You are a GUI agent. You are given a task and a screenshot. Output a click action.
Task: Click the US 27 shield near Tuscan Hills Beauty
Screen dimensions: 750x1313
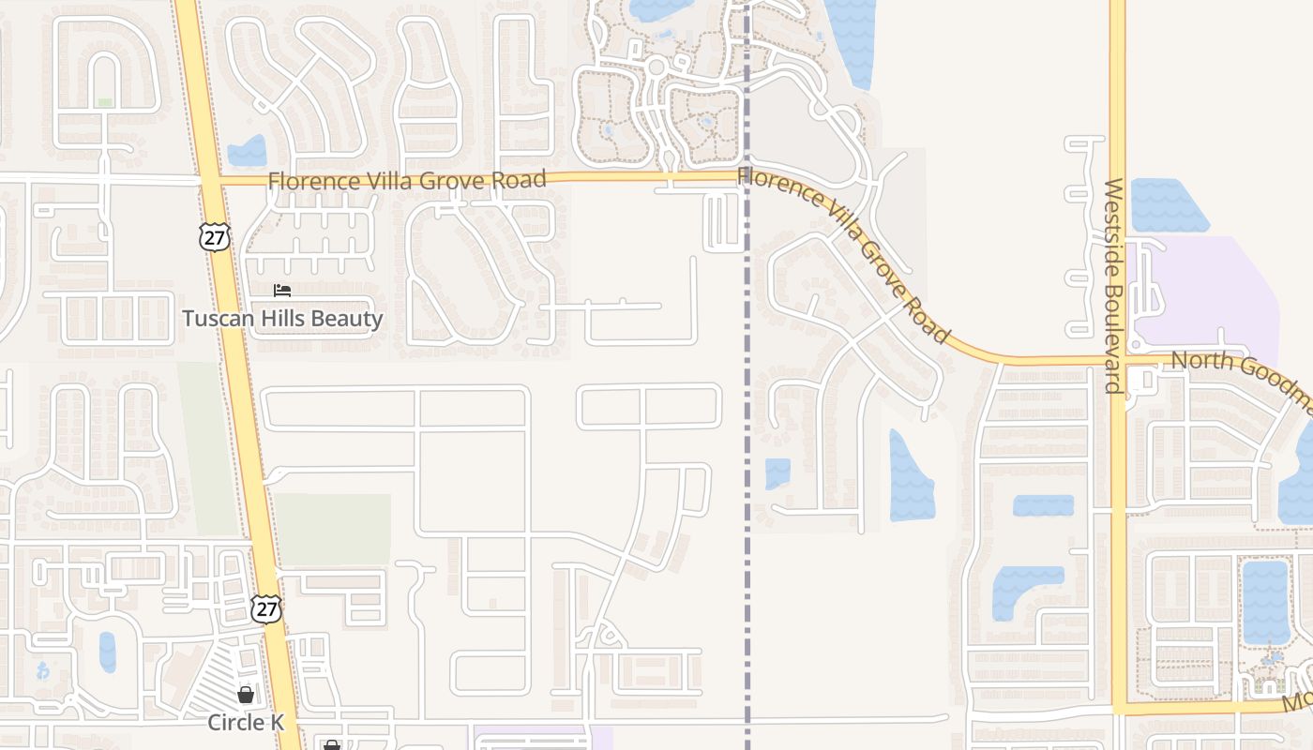[214, 237]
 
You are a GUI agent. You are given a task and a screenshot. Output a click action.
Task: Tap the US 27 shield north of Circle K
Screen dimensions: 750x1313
[266, 608]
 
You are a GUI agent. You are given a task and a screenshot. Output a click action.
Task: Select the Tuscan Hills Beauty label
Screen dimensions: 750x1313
[282, 319]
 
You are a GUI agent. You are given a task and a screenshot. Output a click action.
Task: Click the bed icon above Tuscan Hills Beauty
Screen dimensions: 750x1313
[282, 291]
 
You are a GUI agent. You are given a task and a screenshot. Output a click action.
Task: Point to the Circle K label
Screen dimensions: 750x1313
[245, 723]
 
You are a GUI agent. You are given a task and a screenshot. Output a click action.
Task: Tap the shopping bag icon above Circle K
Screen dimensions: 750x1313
[245, 695]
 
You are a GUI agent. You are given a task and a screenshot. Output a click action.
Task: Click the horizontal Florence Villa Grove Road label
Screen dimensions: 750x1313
[406, 179]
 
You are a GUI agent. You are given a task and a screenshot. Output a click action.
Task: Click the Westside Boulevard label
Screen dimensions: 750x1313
[1113, 286]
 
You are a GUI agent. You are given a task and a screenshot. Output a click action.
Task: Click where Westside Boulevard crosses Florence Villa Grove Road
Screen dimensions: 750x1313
[1118, 361]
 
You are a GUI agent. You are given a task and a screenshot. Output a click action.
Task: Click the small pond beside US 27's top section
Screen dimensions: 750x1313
[248, 151]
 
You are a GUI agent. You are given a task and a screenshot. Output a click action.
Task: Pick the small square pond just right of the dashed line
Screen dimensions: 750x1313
[777, 473]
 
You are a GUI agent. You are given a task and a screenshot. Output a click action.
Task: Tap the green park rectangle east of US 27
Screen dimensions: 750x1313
[332, 530]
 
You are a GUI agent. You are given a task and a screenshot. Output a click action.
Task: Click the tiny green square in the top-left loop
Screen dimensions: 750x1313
[105, 102]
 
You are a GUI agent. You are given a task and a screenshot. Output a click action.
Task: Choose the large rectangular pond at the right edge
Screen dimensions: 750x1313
[1265, 601]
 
